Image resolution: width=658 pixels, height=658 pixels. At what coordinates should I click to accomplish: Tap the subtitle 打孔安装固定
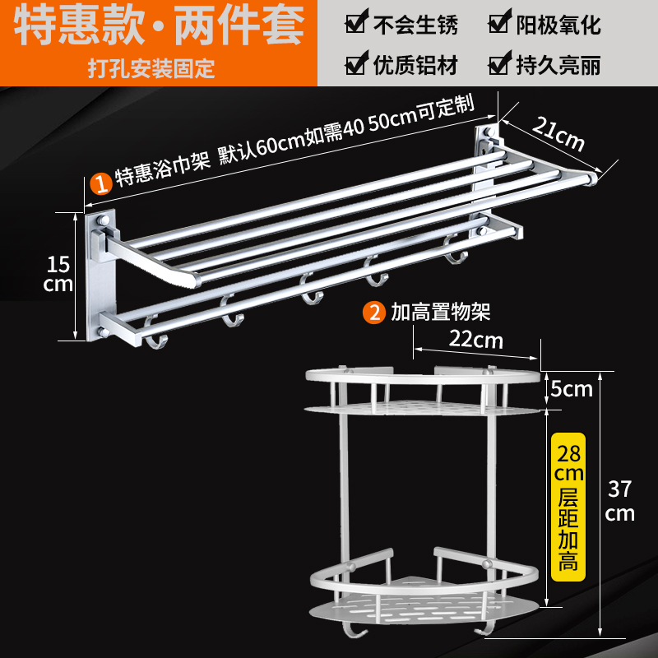pyautogui.click(x=152, y=67)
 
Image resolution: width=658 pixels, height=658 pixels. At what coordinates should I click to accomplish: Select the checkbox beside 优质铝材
pyautogui.click(x=354, y=63)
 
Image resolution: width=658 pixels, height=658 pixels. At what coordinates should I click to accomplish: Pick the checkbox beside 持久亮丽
pyautogui.click(x=498, y=63)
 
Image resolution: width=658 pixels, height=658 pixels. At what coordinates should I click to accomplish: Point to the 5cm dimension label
pyautogui.click(x=572, y=388)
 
